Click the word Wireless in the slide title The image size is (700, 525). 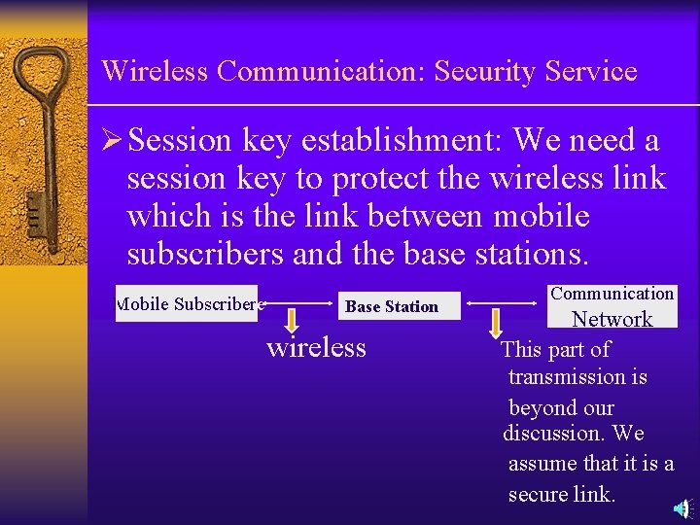156,71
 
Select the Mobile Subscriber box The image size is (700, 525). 187,303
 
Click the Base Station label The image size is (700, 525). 392,306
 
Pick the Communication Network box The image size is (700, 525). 612,305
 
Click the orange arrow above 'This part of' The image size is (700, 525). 497,322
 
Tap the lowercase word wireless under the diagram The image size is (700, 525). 316,347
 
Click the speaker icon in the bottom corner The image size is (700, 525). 683,508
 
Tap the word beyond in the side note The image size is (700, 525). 562,407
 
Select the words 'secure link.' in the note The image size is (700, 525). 562,494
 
